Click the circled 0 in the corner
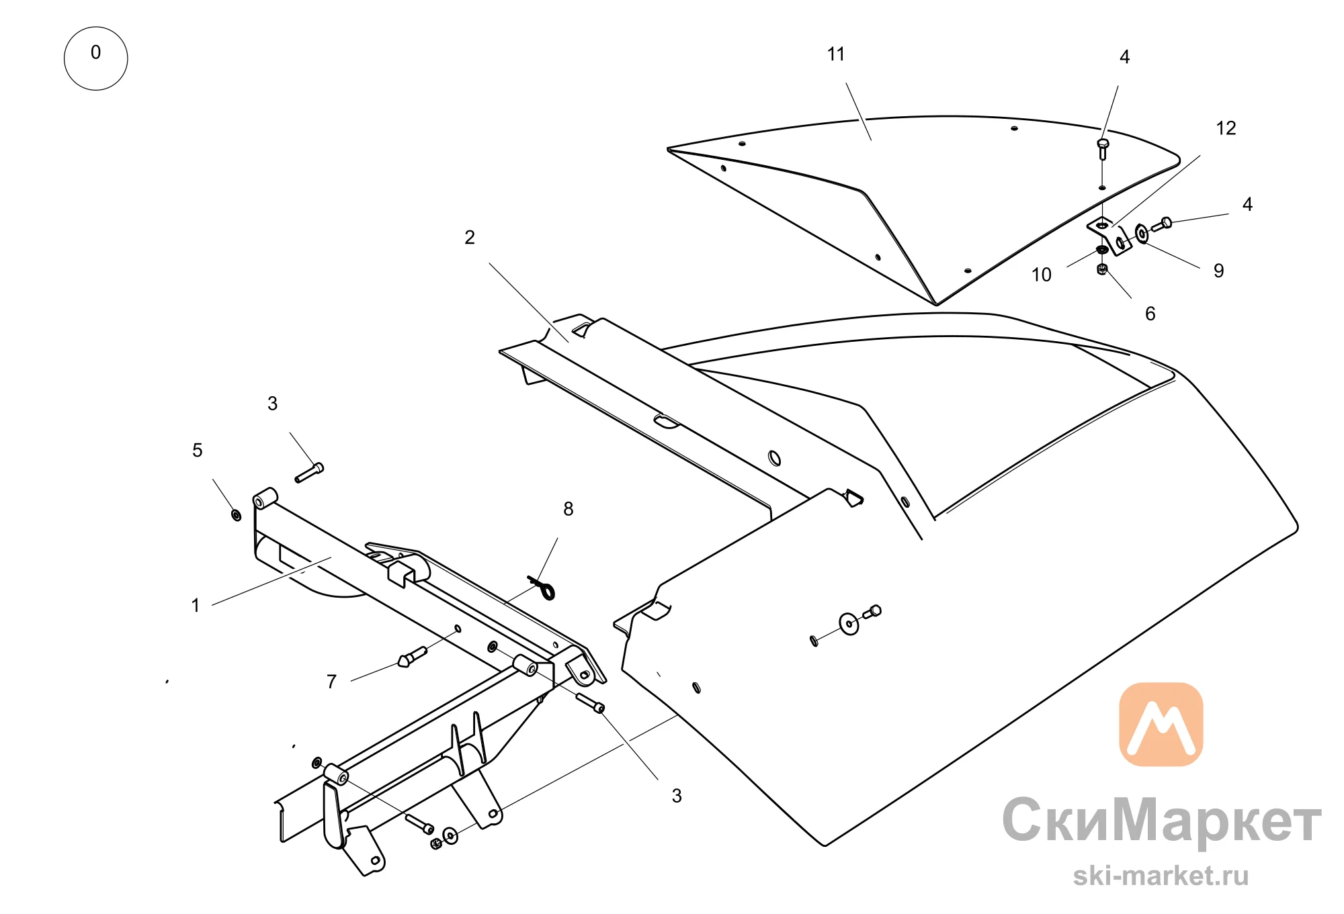(x=95, y=58)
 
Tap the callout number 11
(x=836, y=54)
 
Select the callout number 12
(x=1226, y=128)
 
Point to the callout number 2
(x=470, y=238)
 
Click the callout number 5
(x=197, y=450)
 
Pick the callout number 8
(x=569, y=509)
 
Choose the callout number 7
(x=331, y=682)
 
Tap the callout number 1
(x=196, y=606)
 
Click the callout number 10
(x=1042, y=275)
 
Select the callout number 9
(x=1218, y=271)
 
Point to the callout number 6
(x=1150, y=314)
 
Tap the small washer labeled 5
(x=236, y=515)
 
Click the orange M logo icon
(x=1161, y=725)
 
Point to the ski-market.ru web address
(x=1161, y=876)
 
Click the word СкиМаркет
(x=1162, y=821)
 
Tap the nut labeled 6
(x=1101, y=269)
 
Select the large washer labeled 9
(x=1142, y=234)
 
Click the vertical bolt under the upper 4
(x=1102, y=149)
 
